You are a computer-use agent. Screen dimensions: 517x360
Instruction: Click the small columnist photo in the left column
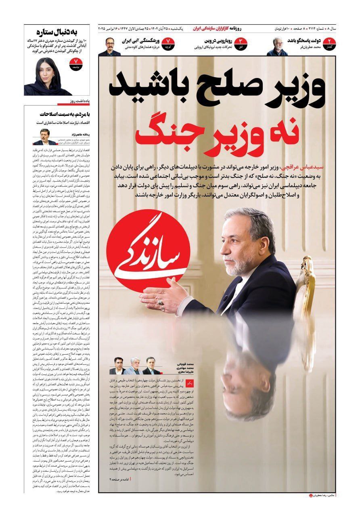pos(43,137)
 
